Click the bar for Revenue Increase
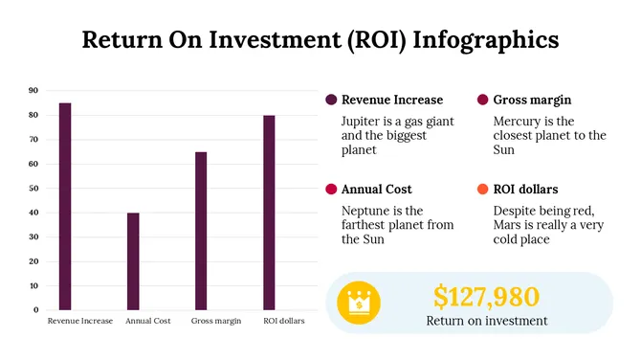pyautogui.click(x=65, y=206)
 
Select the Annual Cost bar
pyautogui.click(x=133, y=260)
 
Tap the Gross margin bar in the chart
pyautogui.click(x=201, y=230)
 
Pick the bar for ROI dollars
pyautogui.click(x=270, y=212)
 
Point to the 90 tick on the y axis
pyautogui.click(x=33, y=91)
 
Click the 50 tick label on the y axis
pyautogui.click(x=33, y=189)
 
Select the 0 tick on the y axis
pyautogui.click(x=35, y=310)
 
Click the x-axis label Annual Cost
pyautogui.click(x=148, y=321)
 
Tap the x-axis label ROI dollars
pyautogui.click(x=284, y=321)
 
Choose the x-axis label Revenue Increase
pyautogui.click(x=80, y=321)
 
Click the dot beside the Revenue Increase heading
pyautogui.click(x=331, y=100)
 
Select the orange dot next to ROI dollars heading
pyautogui.click(x=482, y=190)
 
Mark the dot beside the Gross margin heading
pyautogui.click(x=482, y=100)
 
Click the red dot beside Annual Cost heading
pyautogui.click(x=331, y=190)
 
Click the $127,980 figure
pyautogui.click(x=486, y=296)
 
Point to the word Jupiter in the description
pyautogui.click(x=363, y=122)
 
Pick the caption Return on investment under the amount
pyautogui.click(x=487, y=321)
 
